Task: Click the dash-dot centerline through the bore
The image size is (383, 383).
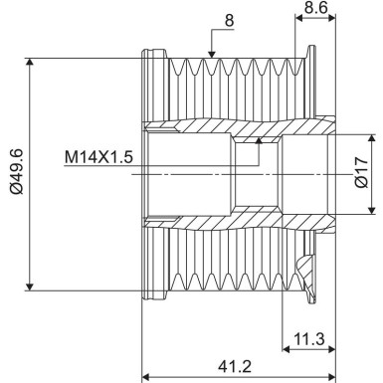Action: click(x=199, y=173)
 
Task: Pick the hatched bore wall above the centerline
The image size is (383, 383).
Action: click(x=199, y=129)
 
